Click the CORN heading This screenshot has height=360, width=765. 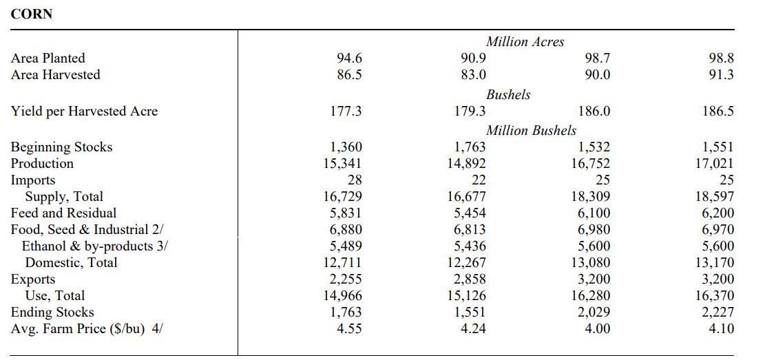[32, 14]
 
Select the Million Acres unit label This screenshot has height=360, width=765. [525, 42]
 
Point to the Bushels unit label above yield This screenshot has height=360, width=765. [508, 95]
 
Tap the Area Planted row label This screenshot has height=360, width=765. [48, 59]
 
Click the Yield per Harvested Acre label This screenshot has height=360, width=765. [84, 112]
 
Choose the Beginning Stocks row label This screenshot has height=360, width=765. [61, 147]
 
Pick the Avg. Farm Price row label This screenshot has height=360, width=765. [87, 328]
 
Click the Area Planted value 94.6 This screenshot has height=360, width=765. [350, 59]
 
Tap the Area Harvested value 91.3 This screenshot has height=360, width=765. [721, 75]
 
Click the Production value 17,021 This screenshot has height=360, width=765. [716, 163]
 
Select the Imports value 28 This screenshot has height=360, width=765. [355, 180]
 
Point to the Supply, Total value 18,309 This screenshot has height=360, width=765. [591, 196]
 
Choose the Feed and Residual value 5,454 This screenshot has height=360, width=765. [470, 213]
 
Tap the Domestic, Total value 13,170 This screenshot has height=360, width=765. [716, 262]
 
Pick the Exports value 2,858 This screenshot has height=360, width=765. [470, 279]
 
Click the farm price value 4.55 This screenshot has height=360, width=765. [350, 328]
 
